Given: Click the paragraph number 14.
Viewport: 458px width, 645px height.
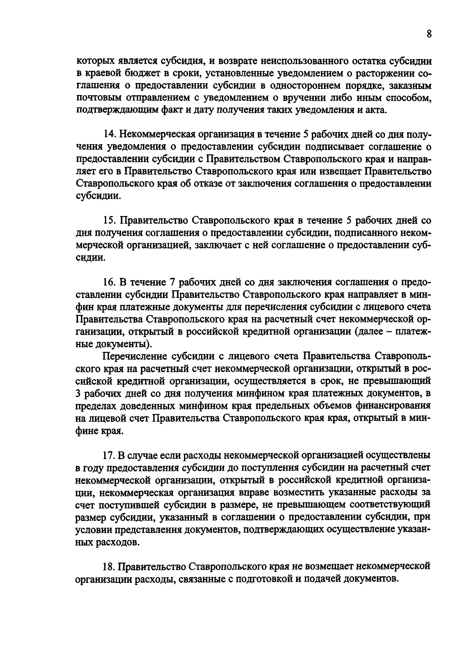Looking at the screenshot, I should pyautogui.click(x=110, y=135).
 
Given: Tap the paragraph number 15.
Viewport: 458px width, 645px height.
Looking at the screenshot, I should pyautogui.click(x=110, y=221).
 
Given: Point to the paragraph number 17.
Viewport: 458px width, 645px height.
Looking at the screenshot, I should pyautogui.click(x=110, y=455).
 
